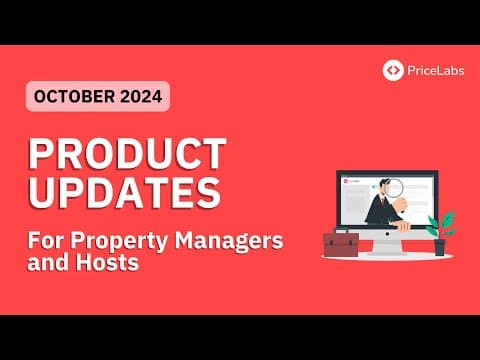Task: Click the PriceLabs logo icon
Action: [x=394, y=70]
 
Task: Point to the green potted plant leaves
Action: [x=440, y=222]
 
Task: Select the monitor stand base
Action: [x=388, y=251]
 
